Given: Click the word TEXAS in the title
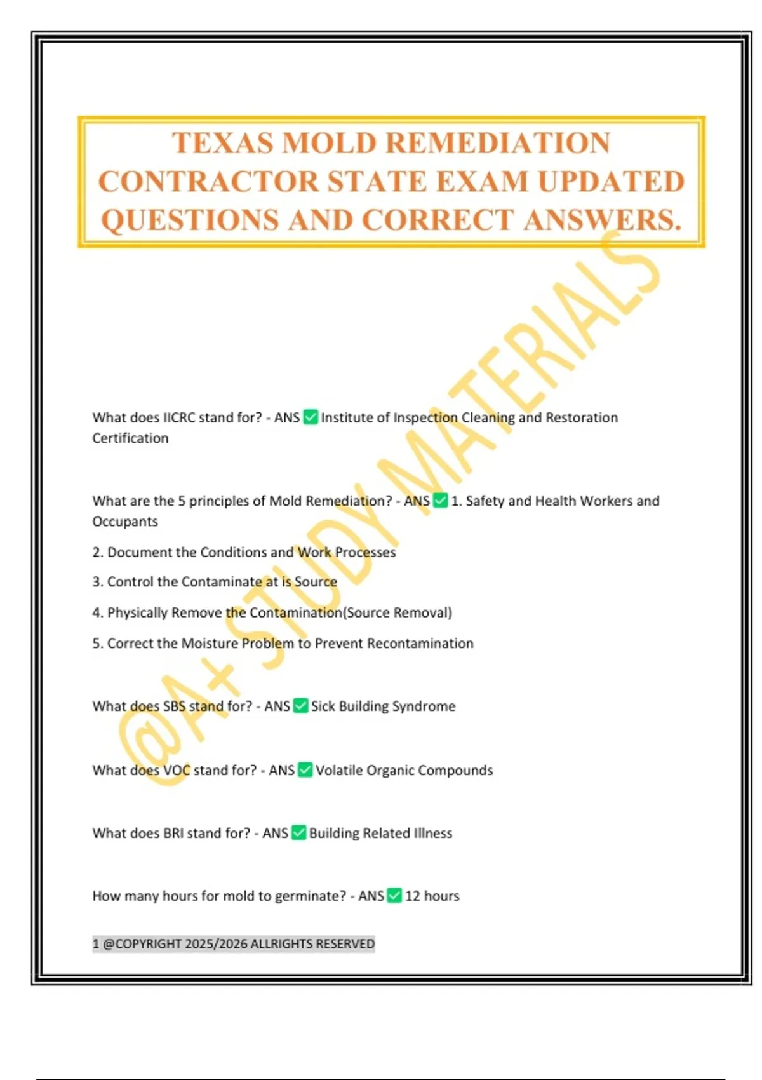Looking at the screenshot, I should tap(222, 144).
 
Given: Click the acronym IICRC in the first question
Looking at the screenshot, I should tap(179, 418).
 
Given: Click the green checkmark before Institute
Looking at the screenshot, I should tap(311, 417).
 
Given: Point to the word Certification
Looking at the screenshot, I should tap(130, 438).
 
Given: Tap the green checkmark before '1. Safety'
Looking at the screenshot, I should tap(440, 501).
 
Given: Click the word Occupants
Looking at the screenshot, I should tap(125, 522).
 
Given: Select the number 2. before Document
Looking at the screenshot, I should tap(97, 553).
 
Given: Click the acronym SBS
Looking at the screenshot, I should tap(174, 706).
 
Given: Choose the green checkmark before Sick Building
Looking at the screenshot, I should tap(301, 706).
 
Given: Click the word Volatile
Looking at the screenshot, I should tap(339, 771).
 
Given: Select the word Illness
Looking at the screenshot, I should tap(433, 834).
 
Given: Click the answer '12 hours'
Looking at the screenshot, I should tap(432, 896).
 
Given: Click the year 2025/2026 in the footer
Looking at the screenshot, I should tap(216, 944).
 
